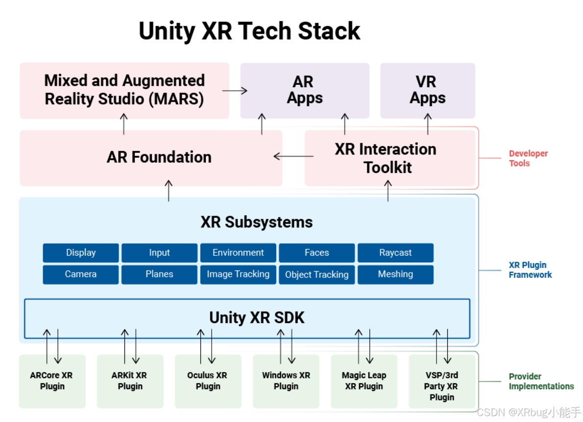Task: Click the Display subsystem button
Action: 81,253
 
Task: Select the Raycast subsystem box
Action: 395,253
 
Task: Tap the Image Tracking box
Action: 238,274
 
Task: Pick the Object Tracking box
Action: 316,274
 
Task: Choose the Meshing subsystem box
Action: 395,274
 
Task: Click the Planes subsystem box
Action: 159,274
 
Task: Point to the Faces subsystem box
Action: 316,253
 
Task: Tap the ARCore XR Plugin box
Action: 52,381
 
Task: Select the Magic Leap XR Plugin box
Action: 364,381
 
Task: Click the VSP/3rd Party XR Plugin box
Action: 442,386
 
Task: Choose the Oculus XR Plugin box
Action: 208,381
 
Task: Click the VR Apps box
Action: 428,90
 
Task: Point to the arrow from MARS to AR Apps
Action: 235,90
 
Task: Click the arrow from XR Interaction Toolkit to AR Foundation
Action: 293,157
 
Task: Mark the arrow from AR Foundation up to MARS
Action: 124,124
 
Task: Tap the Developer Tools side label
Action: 528,158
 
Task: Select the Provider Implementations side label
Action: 541,381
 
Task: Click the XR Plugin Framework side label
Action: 530,270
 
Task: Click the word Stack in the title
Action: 329,31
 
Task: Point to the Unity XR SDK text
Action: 257,318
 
